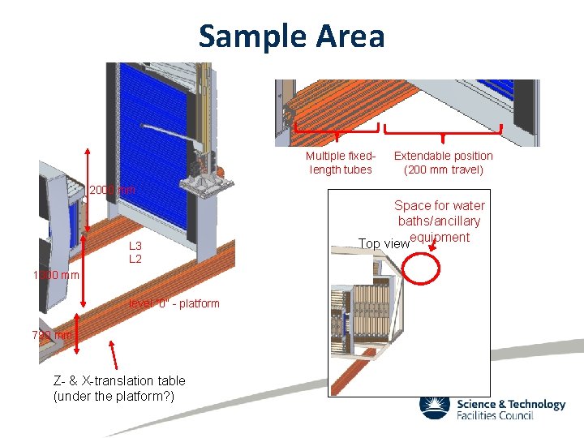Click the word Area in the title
351,36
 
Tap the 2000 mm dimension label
112,190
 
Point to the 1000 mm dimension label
57,275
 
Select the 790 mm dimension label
53,335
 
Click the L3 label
135,246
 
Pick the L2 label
135,259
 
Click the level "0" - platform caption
174,303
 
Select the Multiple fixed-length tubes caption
341,162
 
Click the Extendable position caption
443,156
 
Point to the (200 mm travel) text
443,170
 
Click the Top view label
384,243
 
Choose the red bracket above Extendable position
443,131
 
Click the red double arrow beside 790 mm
77,335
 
